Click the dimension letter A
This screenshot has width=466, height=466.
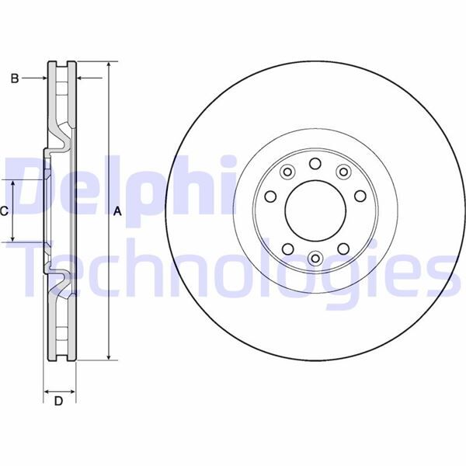click(x=117, y=210)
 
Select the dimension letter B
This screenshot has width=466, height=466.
click(x=13, y=78)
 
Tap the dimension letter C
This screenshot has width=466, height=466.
click(x=5, y=210)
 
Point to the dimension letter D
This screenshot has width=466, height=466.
click(x=58, y=401)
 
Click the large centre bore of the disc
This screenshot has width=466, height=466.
click(x=315, y=210)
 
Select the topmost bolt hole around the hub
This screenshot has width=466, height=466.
click(x=315, y=163)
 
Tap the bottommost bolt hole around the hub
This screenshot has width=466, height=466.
click(x=315, y=258)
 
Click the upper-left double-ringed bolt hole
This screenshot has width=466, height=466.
click(x=287, y=172)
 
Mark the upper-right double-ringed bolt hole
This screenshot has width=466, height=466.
click(x=343, y=172)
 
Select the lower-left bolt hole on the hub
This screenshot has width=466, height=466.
click(x=287, y=249)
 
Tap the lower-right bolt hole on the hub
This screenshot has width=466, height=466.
click(x=343, y=249)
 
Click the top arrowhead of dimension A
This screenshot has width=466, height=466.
click(x=109, y=65)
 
